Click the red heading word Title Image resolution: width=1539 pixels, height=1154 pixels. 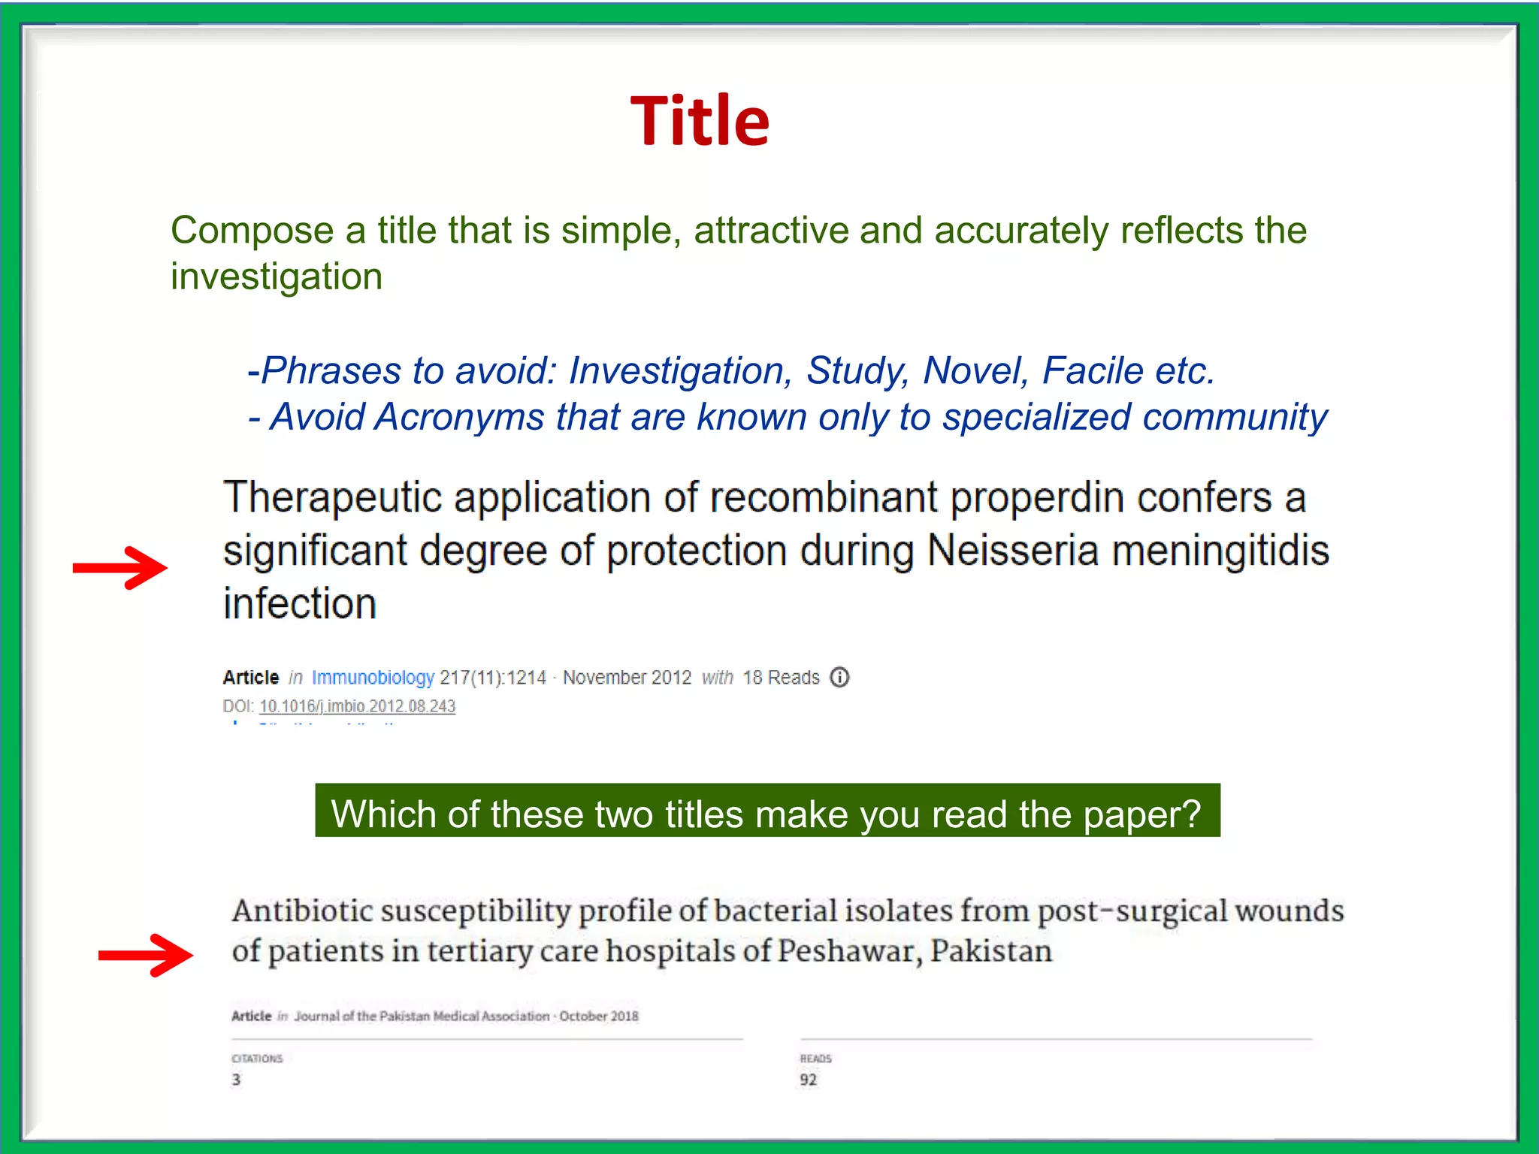[x=700, y=121]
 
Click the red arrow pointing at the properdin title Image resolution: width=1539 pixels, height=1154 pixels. [x=120, y=567]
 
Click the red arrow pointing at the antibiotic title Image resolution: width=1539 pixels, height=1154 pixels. [x=146, y=955]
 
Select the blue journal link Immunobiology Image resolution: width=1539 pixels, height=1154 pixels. [x=373, y=678]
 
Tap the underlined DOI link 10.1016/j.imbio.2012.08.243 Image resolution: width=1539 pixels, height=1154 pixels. [x=357, y=706]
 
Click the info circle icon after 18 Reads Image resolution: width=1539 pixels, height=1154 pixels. [x=839, y=677]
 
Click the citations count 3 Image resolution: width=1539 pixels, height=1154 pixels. [x=236, y=1080]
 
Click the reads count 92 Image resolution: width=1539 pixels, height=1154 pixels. [x=808, y=1080]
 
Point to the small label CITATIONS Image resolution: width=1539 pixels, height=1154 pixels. [x=257, y=1059]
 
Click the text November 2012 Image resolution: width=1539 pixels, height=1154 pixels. [x=627, y=678]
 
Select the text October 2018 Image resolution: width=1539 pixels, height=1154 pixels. [x=598, y=1017]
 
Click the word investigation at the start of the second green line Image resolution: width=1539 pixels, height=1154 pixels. [x=277, y=276]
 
